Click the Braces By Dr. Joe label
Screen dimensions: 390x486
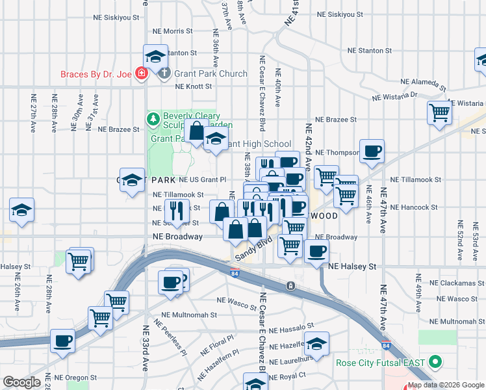96,74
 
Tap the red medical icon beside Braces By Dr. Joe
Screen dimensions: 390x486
140,74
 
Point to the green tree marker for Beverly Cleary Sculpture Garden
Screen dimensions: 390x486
153,118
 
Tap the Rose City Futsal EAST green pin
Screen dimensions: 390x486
436,362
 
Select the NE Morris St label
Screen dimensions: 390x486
172,31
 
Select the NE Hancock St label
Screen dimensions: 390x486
415,207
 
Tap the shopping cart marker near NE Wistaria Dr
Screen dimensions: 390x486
440,113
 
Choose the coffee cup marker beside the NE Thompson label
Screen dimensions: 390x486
372,151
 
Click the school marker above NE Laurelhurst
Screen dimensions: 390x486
316,343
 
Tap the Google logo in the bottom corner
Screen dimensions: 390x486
21,382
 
